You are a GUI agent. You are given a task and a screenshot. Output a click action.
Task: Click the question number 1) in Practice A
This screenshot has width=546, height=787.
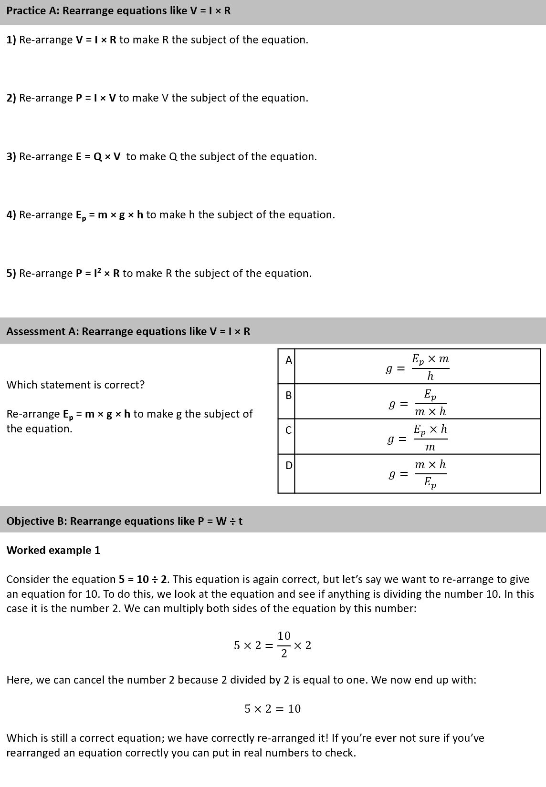[x=11, y=40]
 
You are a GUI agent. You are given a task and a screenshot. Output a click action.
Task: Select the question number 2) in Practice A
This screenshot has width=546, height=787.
[x=11, y=98]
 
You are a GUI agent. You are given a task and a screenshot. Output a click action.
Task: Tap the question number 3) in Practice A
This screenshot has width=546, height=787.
[x=11, y=157]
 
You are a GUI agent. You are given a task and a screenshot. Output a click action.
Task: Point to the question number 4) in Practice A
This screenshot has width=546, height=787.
[x=11, y=215]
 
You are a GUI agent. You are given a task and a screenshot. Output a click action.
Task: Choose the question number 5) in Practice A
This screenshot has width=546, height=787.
[x=11, y=274]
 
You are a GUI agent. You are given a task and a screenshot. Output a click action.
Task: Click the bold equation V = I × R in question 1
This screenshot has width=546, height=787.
[x=96, y=40]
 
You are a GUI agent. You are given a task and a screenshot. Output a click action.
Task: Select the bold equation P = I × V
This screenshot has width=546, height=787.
[x=96, y=98]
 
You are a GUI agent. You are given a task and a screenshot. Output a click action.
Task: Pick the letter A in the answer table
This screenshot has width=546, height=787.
[x=288, y=361]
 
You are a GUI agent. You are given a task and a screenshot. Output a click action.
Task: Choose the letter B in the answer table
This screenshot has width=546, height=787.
[x=288, y=396]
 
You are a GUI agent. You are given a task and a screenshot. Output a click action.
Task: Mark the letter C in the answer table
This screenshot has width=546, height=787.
[x=288, y=430]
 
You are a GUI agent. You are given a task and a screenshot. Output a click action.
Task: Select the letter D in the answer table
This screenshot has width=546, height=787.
[x=288, y=465]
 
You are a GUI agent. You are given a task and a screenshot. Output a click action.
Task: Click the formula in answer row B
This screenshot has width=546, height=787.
[x=418, y=403]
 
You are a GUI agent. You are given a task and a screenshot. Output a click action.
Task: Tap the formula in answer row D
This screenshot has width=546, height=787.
[x=418, y=473]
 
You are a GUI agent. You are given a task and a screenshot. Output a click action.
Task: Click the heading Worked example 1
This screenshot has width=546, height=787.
[x=53, y=551]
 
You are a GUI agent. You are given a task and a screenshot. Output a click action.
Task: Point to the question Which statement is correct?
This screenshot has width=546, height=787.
[x=75, y=385]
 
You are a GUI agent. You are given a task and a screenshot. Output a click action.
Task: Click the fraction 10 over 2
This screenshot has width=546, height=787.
[x=284, y=645]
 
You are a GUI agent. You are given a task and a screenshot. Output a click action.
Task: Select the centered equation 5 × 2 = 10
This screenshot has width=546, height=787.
[x=273, y=709]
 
